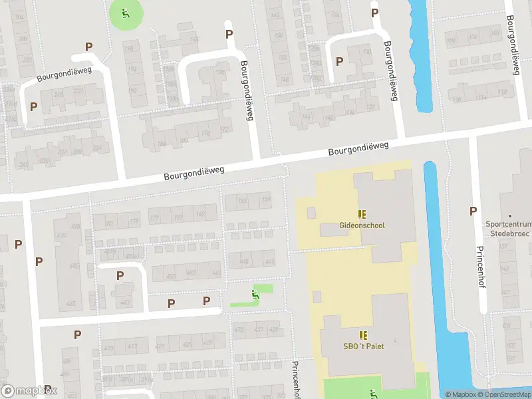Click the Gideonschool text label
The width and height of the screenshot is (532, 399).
click(362, 225)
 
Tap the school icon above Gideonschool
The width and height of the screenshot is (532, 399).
click(362, 214)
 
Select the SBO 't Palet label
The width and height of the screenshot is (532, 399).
click(362, 346)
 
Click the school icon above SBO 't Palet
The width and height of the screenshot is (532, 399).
click(362, 335)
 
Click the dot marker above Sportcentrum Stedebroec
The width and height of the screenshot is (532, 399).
click(510, 216)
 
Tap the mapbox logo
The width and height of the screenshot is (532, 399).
click(29, 391)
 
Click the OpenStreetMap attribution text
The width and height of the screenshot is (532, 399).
click(503, 395)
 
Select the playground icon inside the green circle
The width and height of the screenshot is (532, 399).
click(126, 12)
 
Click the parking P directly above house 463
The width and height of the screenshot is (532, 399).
click(120, 275)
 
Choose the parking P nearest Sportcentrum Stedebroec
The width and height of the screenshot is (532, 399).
click(473, 211)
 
